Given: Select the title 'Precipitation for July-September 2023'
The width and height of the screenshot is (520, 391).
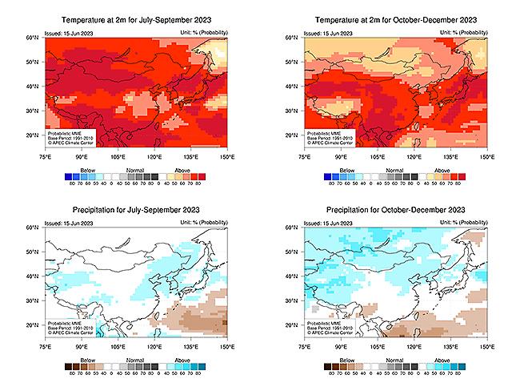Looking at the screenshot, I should pos(135,211).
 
